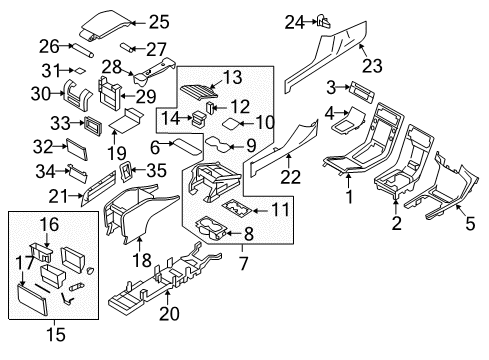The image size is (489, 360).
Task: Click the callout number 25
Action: pos(159,21)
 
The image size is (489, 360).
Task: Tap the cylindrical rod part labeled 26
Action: pos(83,46)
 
